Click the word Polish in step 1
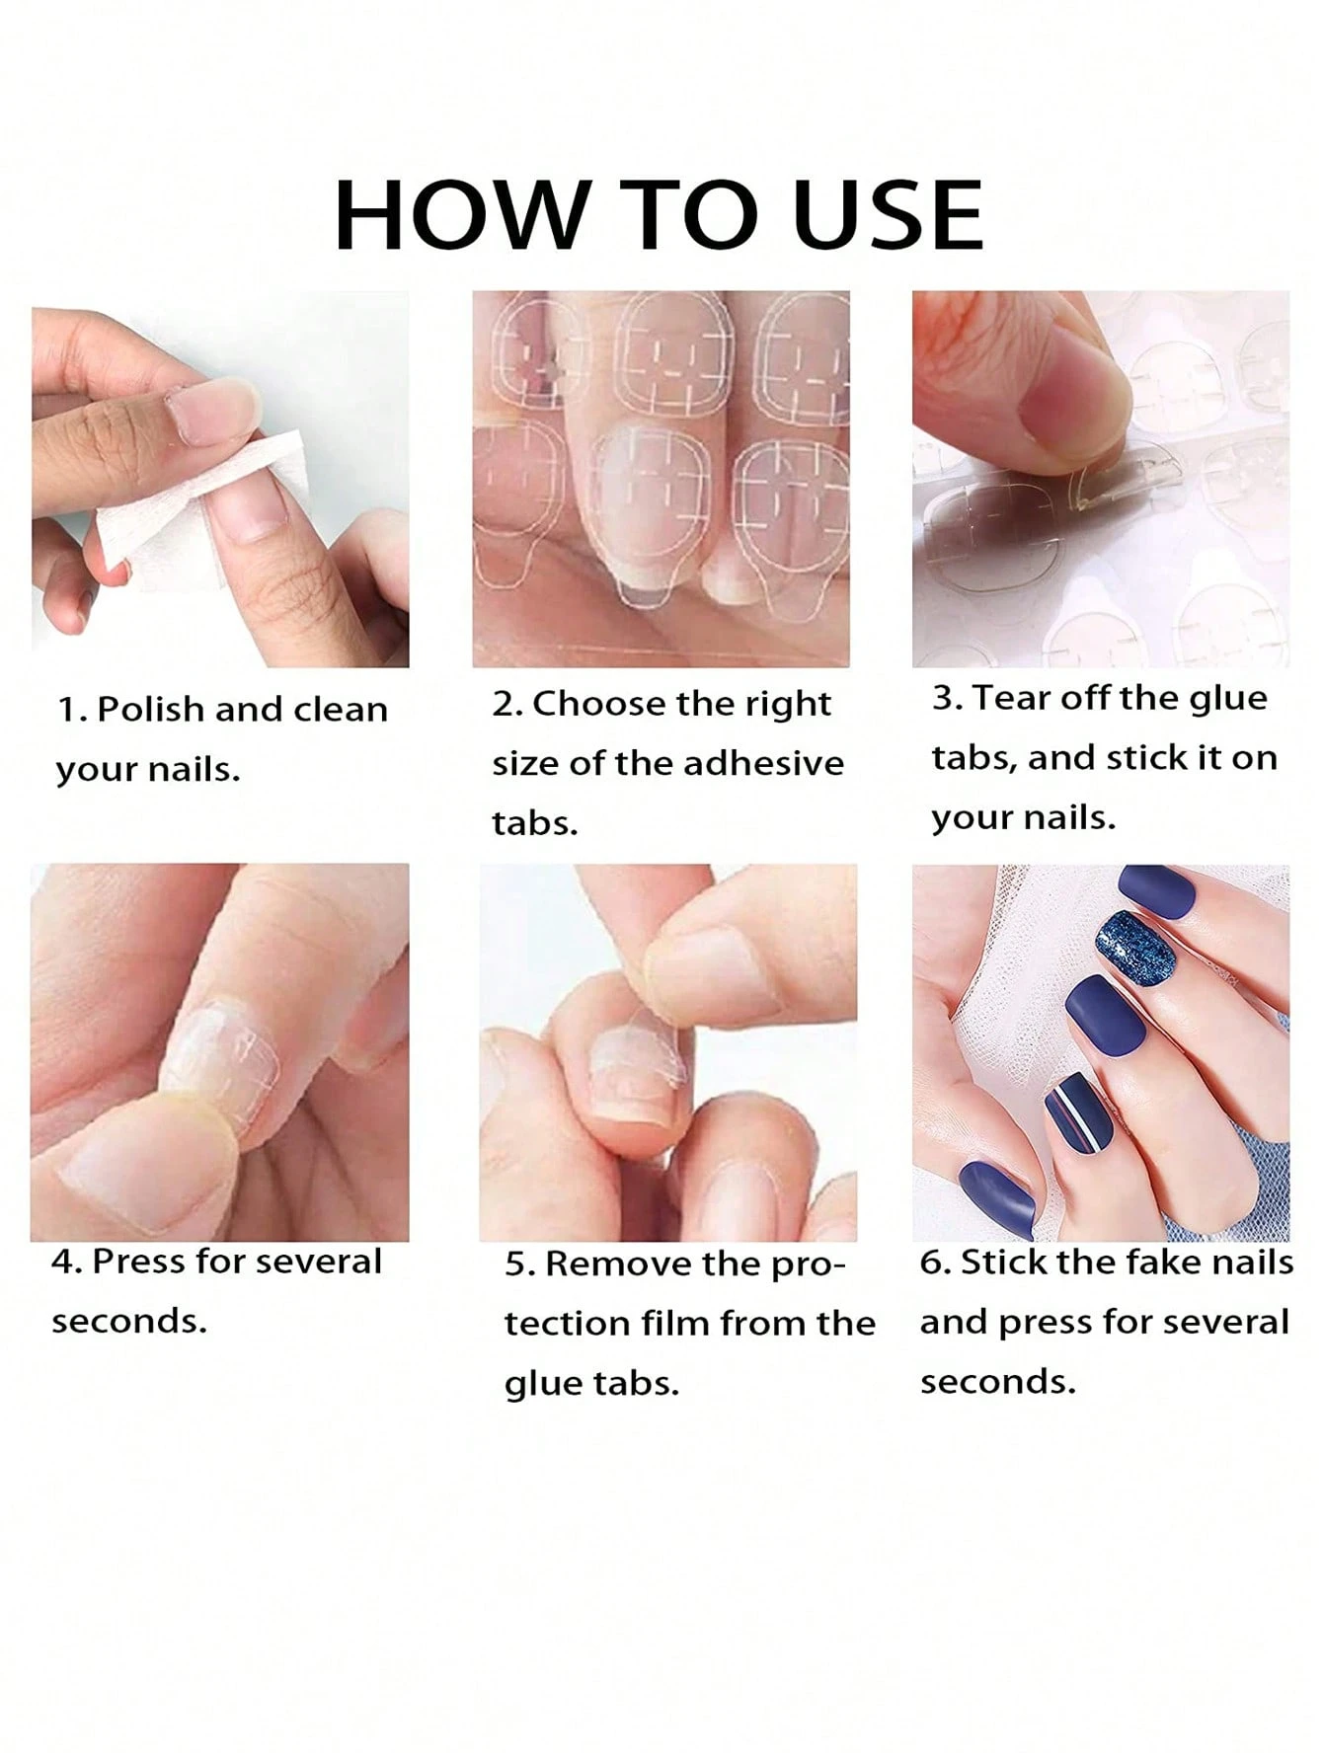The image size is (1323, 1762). click(150, 709)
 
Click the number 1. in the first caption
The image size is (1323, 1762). click(72, 710)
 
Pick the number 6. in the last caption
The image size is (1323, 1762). click(936, 1263)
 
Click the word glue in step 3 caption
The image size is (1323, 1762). click(1228, 699)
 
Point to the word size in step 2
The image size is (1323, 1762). click(525, 763)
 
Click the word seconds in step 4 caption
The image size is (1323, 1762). click(129, 1321)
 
